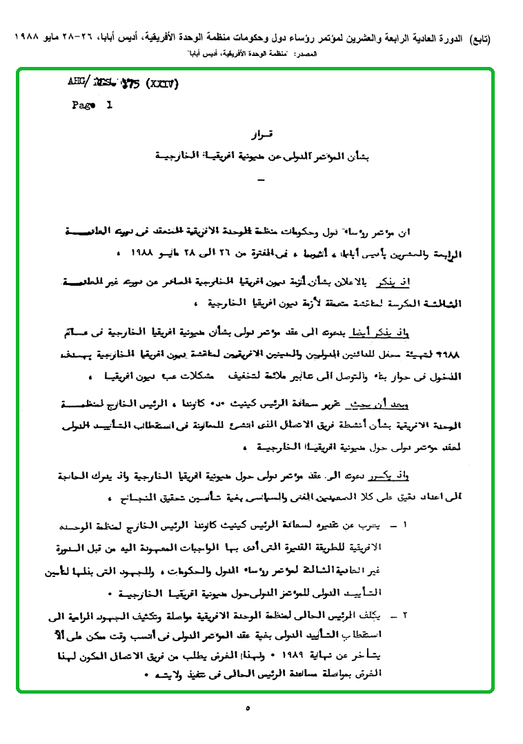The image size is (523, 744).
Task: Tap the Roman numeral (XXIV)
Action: (160, 84)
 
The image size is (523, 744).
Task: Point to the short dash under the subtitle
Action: (260, 182)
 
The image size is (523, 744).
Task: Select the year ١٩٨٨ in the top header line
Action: (24, 38)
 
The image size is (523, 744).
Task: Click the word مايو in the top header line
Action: (54, 38)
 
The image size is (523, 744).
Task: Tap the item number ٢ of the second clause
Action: (405, 613)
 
